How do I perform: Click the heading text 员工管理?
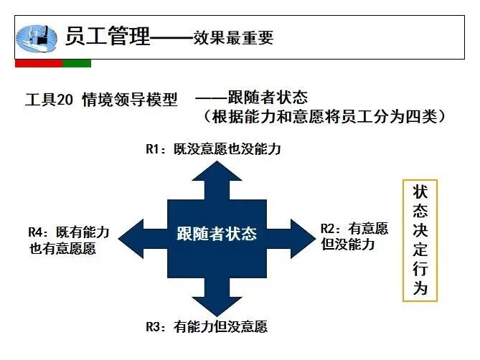[x=108, y=36]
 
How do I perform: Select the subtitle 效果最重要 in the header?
[x=233, y=37]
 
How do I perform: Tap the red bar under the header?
[x=39, y=64]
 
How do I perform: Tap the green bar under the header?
[x=77, y=64]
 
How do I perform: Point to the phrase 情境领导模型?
[x=129, y=100]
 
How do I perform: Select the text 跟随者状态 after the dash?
[x=268, y=96]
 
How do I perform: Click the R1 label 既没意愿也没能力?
[x=212, y=150]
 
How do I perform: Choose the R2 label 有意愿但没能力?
[x=354, y=237]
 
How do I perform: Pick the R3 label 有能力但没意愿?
[x=206, y=327]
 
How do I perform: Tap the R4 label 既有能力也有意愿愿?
[x=68, y=240]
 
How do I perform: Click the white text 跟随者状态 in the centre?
[x=216, y=234]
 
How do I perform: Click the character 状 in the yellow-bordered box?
[x=420, y=193]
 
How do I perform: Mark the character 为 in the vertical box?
[x=420, y=289]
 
